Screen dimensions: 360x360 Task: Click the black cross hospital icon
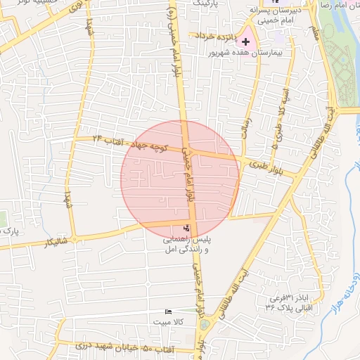245,42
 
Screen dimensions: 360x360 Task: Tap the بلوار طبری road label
266,167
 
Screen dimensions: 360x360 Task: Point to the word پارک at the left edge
7,230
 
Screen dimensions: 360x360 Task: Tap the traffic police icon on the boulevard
186,228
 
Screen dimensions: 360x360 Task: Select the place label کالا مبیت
169,321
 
